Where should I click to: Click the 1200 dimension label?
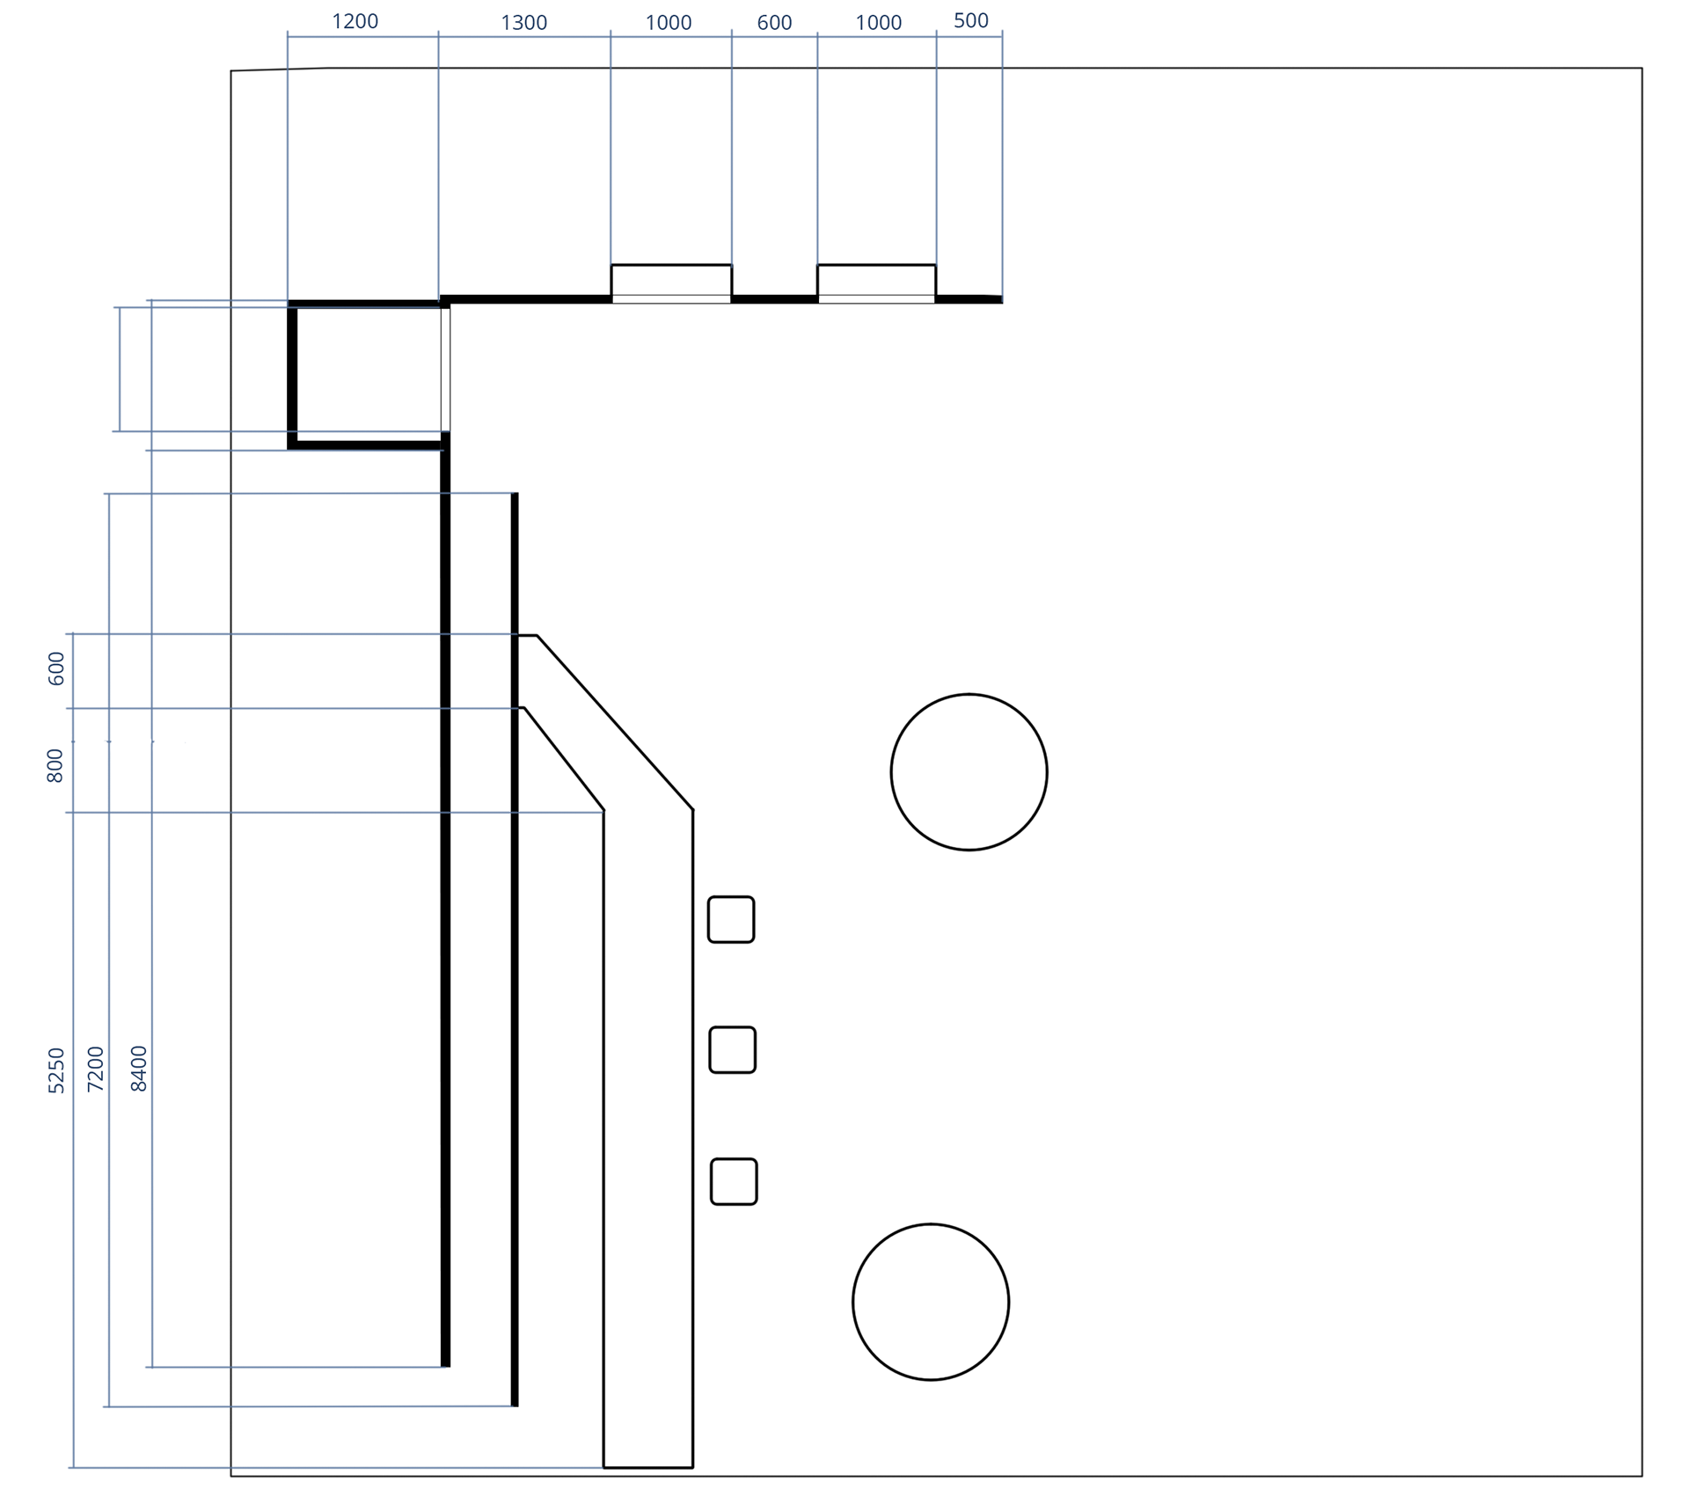(x=355, y=21)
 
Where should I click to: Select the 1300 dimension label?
(x=523, y=23)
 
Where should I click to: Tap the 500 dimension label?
(x=970, y=20)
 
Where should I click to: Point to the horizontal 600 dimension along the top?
(x=774, y=23)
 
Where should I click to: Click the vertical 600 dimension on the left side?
(x=56, y=668)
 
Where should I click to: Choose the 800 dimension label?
(x=55, y=765)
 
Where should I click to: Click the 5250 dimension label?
(x=56, y=1070)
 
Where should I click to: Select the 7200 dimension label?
(x=96, y=1069)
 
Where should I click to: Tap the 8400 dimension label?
(x=139, y=1069)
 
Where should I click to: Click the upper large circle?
(x=969, y=772)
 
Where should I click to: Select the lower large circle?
(x=930, y=1302)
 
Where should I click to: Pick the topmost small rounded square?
(x=731, y=919)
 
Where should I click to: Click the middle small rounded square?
(x=732, y=1049)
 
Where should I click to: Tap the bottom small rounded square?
(x=734, y=1181)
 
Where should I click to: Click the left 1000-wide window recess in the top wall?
(x=671, y=281)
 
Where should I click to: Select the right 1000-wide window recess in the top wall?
(x=876, y=281)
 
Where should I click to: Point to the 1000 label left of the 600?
(x=669, y=23)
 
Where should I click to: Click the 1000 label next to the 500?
(x=878, y=23)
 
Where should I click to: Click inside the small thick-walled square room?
(x=368, y=374)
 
